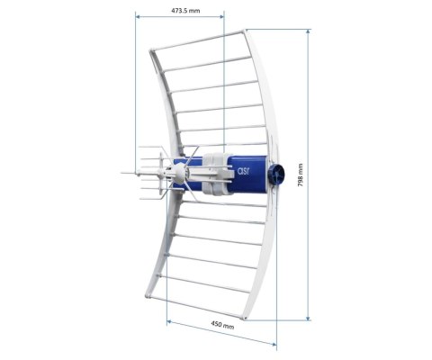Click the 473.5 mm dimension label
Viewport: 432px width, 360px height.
coord(184,12)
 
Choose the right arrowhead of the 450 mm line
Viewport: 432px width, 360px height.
coord(274,344)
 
